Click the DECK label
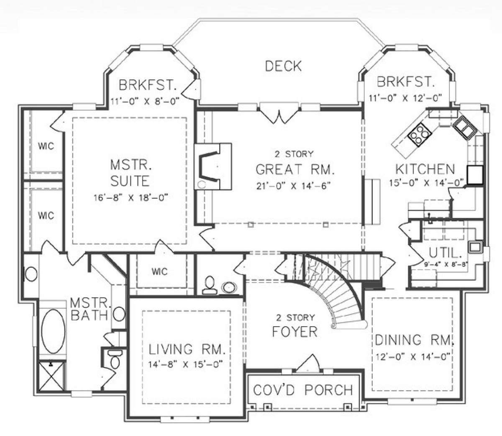point(283,66)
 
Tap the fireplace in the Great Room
point(213,166)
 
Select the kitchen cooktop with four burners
point(420,134)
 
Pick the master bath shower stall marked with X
point(51,376)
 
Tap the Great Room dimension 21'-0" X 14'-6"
point(294,186)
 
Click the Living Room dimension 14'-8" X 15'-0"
point(185,365)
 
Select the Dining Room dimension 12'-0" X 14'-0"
point(413,357)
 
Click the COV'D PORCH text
point(303,390)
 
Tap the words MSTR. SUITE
point(130,173)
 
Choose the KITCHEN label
point(425,169)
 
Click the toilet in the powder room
point(210,285)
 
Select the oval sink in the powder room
point(229,287)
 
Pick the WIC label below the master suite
point(159,271)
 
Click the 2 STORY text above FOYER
point(295,318)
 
